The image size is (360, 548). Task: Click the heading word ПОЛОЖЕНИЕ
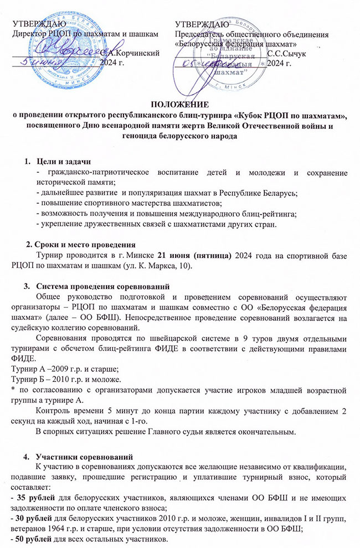(181, 104)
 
